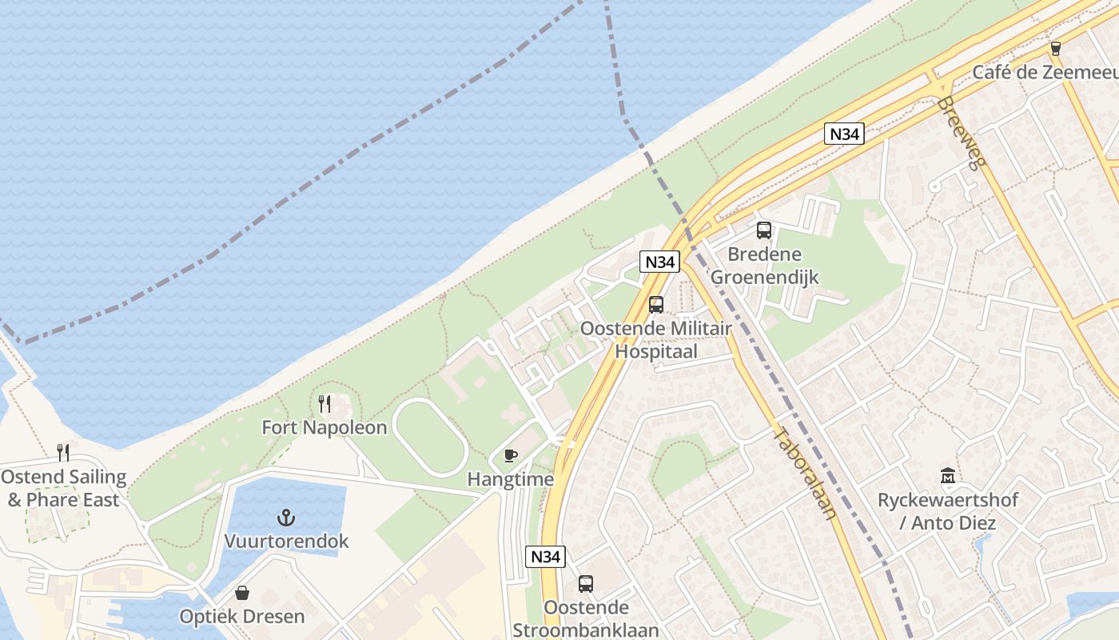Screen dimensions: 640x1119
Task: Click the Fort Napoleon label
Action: pyautogui.click(x=325, y=427)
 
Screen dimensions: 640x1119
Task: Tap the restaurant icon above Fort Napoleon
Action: pyautogui.click(x=325, y=403)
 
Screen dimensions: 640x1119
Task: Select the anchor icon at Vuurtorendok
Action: pyautogui.click(x=285, y=517)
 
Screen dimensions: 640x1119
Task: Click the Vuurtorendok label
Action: pyautogui.click(x=286, y=541)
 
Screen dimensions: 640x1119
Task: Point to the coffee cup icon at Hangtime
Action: pyautogui.click(x=511, y=456)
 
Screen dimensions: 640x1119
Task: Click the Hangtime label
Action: pyautogui.click(x=511, y=479)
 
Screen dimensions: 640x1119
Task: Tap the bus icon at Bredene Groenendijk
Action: pyautogui.click(x=764, y=230)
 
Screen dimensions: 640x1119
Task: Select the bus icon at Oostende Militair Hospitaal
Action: pyautogui.click(x=656, y=305)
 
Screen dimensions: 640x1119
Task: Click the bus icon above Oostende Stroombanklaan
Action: pyautogui.click(x=586, y=584)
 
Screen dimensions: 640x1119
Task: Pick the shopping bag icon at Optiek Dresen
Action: pyautogui.click(x=242, y=593)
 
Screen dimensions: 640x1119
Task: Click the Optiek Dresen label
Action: pyautogui.click(x=242, y=617)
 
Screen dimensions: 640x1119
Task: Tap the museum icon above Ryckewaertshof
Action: pyautogui.click(x=948, y=476)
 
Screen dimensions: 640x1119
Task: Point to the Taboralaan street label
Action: pyautogui.click(x=806, y=474)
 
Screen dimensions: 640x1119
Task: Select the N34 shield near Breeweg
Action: pyautogui.click(x=844, y=134)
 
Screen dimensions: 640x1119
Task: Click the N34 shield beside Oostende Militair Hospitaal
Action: pyautogui.click(x=660, y=262)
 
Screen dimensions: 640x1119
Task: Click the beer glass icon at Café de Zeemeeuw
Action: pyautogui.click(x=1056, y=48)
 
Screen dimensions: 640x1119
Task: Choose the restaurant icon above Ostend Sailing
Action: pyautogui.click(x=63, y=453)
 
